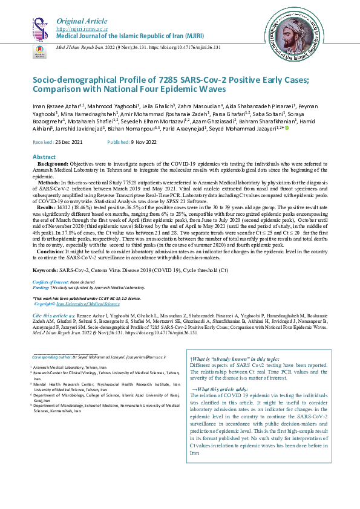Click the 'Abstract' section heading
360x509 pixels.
coord(44,157)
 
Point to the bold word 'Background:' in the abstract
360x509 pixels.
coord(53,164)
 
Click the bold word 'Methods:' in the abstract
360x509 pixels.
coord(49,182)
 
